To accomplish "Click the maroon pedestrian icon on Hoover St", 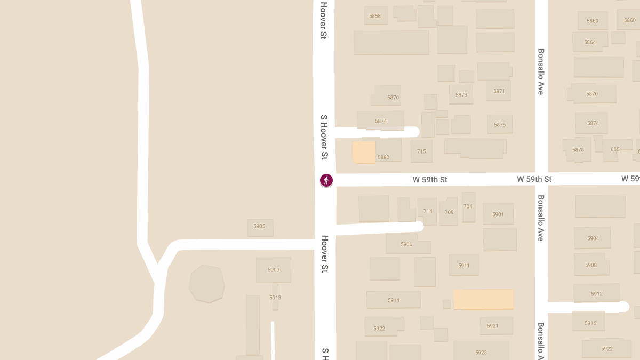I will (326, 180).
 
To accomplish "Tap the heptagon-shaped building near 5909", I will (206, 284).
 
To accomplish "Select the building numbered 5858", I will (375, 16).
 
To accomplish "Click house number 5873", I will (461, 95).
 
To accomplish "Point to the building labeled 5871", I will (499, 91).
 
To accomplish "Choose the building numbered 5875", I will (500, 125).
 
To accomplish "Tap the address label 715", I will (421, 151).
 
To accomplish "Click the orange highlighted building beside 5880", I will (364, 152).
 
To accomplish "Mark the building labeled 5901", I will (498, 214).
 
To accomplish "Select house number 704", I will (468, 206).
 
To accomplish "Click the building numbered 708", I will (449, 212).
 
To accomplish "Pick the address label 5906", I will (406, 244).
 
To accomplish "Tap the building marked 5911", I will (463, 265).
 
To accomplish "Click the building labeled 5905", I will (260, 227).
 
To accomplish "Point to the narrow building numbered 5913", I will (275, 297).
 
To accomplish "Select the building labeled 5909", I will (274, 270).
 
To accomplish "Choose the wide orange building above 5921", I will (483, 299).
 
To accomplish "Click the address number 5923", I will (481, 352).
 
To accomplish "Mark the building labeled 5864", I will (590, 42).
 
